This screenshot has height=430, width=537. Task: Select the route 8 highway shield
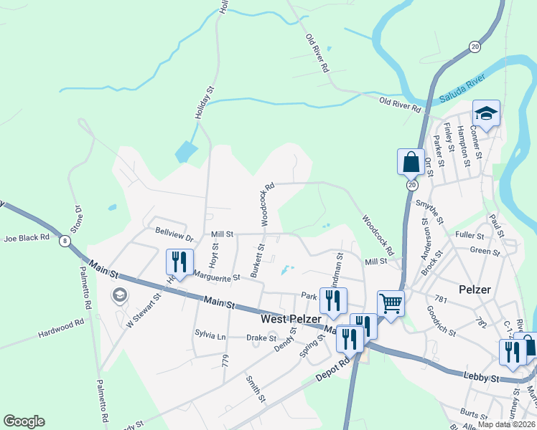pos(65,242)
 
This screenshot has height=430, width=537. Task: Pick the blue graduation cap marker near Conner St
pos(486,113)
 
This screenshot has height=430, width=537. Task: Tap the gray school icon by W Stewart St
pos(119,295)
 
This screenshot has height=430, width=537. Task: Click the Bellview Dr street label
pos(174,236)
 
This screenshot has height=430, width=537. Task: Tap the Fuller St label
pos(470,234)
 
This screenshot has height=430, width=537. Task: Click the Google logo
pos(24,421)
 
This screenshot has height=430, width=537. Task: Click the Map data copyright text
pos(507,424)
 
